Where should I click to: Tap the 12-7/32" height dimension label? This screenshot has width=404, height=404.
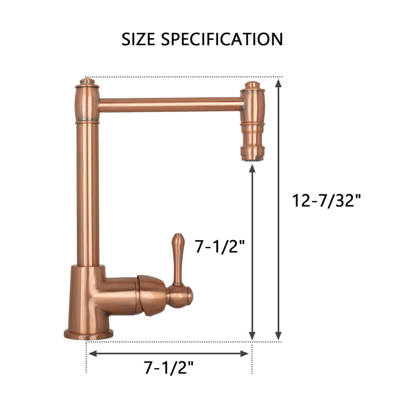327,201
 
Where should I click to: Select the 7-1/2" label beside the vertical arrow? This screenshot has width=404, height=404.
220,247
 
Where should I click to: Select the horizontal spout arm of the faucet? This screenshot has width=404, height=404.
170,105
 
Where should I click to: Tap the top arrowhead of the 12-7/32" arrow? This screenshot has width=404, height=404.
279,82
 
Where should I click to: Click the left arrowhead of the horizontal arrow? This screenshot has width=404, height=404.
91,353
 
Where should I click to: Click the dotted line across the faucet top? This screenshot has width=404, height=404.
173,76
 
